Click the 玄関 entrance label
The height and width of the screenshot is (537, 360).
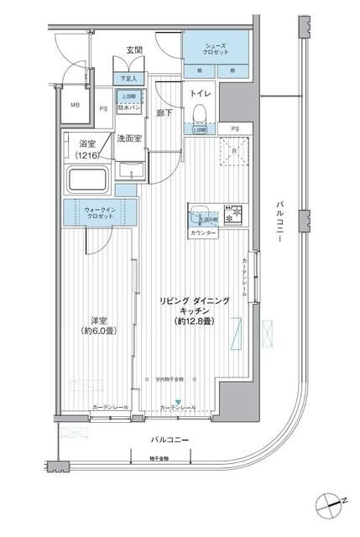tap(134, 51)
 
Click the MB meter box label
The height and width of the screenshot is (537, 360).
tap(75, 106)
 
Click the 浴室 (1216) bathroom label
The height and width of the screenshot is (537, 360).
tap(84, 150)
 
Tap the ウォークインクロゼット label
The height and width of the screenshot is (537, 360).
tap(97, 212)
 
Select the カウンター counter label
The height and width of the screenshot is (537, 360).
tap(203, 232)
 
